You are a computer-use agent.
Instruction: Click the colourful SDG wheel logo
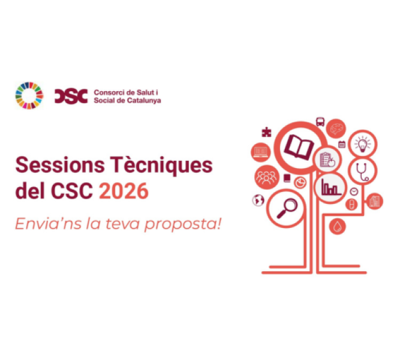[29, 95]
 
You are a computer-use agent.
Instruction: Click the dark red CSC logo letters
[71, 95]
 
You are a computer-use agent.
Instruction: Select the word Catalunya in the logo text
[142, 100]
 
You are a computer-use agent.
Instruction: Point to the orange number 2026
[124, 192]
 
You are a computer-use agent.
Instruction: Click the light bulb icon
[362, 144]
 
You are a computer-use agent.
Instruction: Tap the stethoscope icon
[362, 170]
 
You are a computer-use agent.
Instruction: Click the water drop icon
[337, 226]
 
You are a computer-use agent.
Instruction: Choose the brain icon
[336, 128]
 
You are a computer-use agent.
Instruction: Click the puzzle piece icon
[267, 133]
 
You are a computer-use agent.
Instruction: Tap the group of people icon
[264, 176]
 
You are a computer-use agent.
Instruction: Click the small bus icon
[321, 122]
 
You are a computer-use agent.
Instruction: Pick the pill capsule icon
[352, 204]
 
